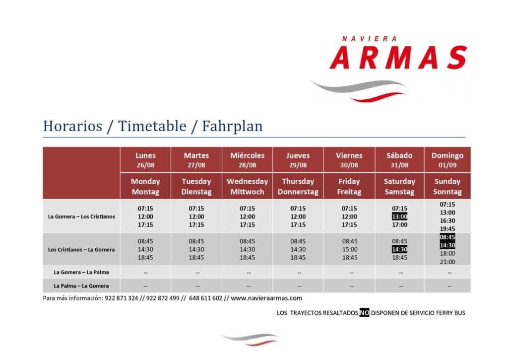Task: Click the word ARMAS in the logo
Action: point(398,58)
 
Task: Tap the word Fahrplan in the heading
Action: point(232,126)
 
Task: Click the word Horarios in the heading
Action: point(72,126)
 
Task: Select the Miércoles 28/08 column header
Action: point(247,160)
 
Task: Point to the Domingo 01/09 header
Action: point(447,160)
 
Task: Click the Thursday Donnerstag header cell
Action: point(298,187)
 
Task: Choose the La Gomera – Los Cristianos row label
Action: point(81,216)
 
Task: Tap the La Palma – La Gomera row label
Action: point(81,286)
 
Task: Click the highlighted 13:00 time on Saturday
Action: point(399,216)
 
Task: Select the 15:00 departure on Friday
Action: point(350,249)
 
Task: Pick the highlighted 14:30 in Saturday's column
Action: point(399,249)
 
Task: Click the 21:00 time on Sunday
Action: point(447,262)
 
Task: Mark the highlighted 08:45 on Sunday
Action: point(447,237)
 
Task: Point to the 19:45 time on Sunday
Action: point(447,228)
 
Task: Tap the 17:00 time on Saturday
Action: point(399,225)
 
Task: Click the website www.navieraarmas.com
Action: point(266,298)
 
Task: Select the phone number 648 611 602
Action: point(206,298)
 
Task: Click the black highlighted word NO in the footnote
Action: point(364,313)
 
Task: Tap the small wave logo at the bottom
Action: point(250,339)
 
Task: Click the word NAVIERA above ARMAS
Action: point(369,39)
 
